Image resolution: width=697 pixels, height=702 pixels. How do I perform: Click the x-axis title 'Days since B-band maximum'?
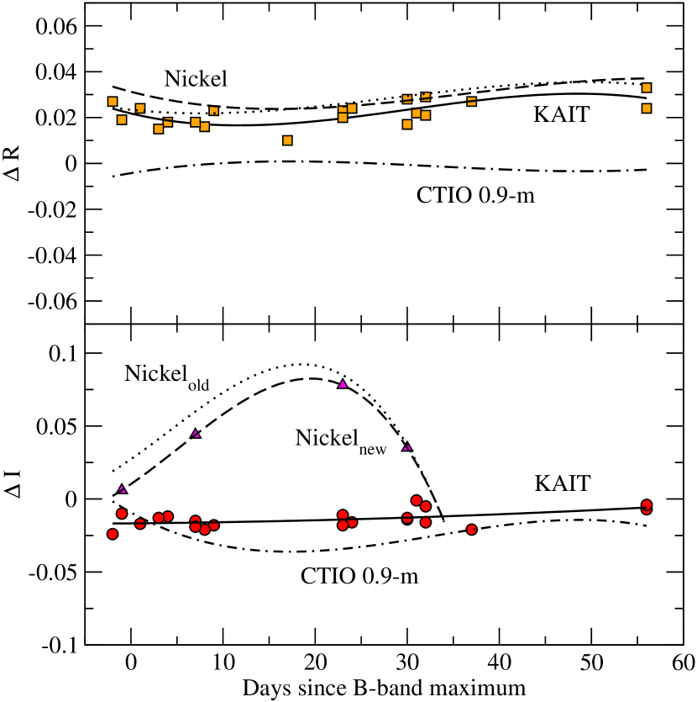coord(385,687)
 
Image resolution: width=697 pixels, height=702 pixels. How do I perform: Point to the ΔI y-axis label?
coord(13,484)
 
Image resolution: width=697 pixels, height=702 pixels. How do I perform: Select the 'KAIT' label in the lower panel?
coord(562,483)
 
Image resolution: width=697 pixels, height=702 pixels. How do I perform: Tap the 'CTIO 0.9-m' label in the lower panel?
coord(360,577)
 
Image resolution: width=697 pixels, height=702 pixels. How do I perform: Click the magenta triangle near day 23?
coord(343,383)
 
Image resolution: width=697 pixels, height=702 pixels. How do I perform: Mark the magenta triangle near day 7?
coord(196,433)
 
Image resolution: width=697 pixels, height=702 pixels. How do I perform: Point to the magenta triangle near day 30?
coord(407,446)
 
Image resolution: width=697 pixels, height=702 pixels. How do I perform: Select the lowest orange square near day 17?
coord(287,140)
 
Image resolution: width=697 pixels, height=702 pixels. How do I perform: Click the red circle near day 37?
coord(472,530)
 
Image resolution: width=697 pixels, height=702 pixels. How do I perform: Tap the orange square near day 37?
coord(472,102)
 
